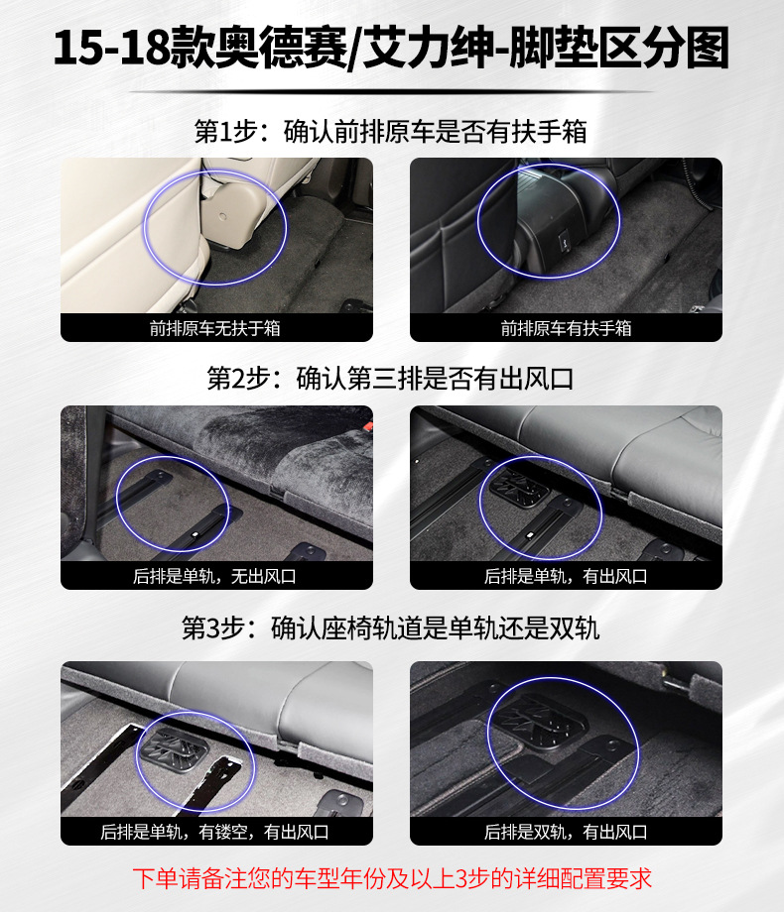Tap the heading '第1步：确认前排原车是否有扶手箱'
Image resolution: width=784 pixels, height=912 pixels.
click(391, 132)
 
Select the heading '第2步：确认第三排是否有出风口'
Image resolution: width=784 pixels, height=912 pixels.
click(391, 380)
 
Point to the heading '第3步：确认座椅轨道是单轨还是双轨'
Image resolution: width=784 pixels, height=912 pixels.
click(391, 628)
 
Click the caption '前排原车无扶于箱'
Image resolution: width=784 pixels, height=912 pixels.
click(216, 328)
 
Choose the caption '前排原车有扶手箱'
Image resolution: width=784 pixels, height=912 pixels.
click(566, 328)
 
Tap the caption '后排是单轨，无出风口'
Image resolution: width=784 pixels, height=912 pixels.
click(216, 576)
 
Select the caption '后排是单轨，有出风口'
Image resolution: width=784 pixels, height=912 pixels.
click(566, 576)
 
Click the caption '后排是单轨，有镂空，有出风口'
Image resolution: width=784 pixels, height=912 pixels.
click(216, 832)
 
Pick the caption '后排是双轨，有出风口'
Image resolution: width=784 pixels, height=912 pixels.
click(566, 832)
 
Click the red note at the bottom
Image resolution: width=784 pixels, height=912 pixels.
click(391, 878)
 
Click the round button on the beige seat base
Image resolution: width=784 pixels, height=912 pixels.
click(220, 215)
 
